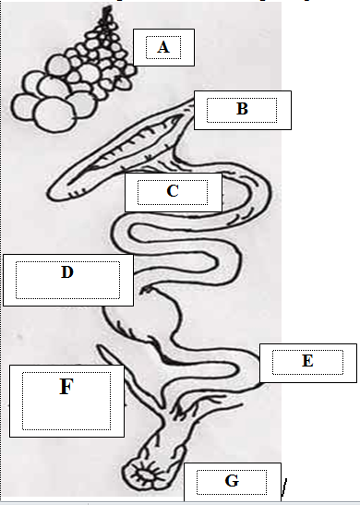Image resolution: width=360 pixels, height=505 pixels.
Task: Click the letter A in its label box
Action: pos(163,47)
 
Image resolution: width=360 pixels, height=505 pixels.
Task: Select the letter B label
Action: pos(242,109)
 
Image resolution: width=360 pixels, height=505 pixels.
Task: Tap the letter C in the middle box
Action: pos(173,191)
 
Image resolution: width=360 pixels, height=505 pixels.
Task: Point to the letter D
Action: pos(67,272)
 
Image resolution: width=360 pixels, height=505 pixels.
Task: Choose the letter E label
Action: pos(307,361)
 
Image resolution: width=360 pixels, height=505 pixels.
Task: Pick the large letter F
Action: pos(66,387)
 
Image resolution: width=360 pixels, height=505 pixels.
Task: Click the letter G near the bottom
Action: pos(232,481)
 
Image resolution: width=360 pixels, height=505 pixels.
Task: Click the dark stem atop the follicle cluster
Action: pos(106,14)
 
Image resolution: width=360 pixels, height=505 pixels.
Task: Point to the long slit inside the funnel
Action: pos(126,147)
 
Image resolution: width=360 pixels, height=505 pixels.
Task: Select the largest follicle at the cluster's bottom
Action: pos(54,115)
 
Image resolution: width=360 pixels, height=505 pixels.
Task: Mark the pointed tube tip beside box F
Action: pos(101,347)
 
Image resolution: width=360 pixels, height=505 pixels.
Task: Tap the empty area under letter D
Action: pos(67,289)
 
